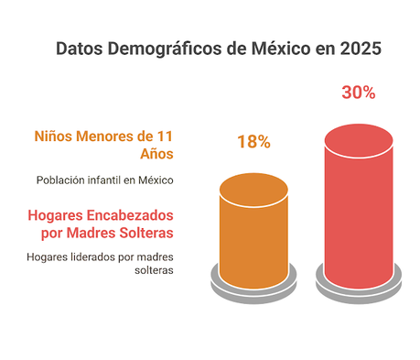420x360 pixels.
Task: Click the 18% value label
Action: point(253,142)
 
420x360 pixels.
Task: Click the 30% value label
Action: point(359,93)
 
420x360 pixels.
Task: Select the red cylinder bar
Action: point(359,211)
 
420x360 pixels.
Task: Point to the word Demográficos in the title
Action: point(167,48)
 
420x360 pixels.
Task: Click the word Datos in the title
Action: point(80,48)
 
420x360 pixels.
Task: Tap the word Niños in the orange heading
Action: point(55,136)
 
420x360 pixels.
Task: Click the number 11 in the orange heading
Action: point(166,136)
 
